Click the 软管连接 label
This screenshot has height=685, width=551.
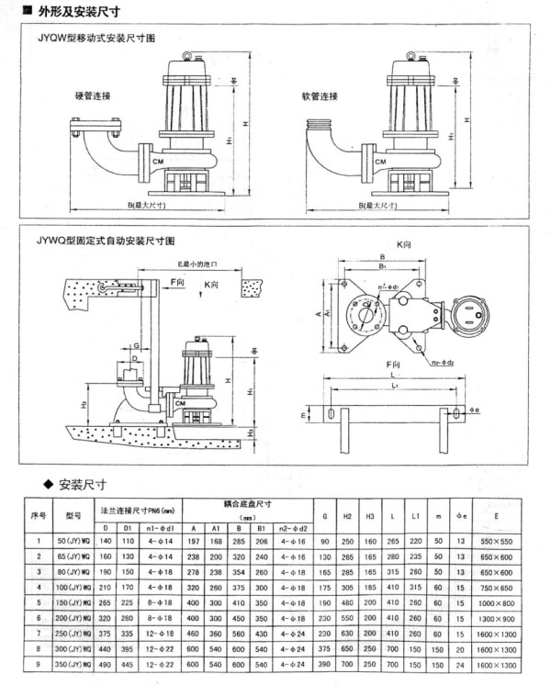click(x=320, y=95)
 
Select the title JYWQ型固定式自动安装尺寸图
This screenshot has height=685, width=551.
click(x=110, y=240)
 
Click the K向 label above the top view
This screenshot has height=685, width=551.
click(x=403, y=246)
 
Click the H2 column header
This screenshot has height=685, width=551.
click(x=347, y=514)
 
